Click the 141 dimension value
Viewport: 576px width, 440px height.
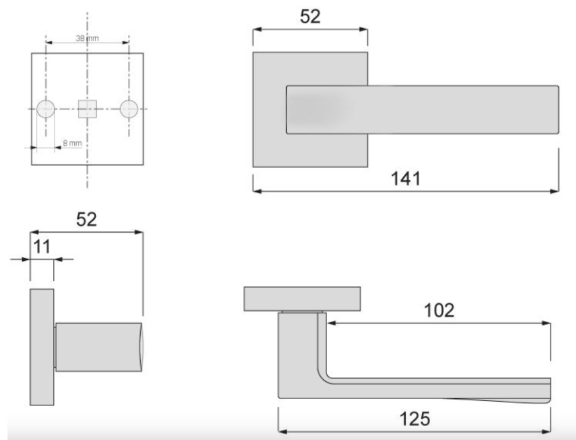click(406, 178)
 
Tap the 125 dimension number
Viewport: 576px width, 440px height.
click(414, 419)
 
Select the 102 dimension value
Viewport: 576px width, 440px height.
click(439, 310)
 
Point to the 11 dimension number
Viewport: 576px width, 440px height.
click(42, 247)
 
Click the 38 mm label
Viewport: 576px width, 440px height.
click(88, 38)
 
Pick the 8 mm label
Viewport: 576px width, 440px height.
click(72, 143)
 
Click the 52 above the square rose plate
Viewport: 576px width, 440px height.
click(310, 17)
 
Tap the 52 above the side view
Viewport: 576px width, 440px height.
click(86, 219)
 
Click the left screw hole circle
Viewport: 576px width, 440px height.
click(46, 109)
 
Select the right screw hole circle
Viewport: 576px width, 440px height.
click(129, 109)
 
